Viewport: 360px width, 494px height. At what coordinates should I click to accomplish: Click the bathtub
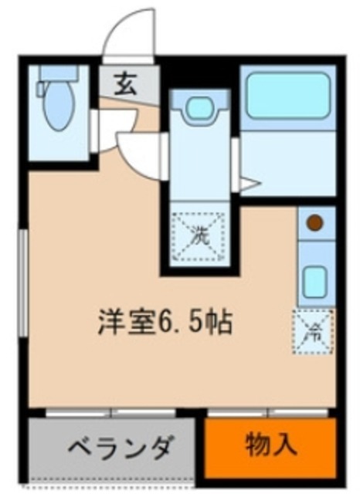click(x=287, y=96)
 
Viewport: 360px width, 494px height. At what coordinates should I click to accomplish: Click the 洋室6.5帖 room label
click(x=165, y=320)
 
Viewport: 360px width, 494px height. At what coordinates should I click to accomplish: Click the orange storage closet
click(x=271, y=448)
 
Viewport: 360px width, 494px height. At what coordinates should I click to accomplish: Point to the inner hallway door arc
click(x=139, y=154)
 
